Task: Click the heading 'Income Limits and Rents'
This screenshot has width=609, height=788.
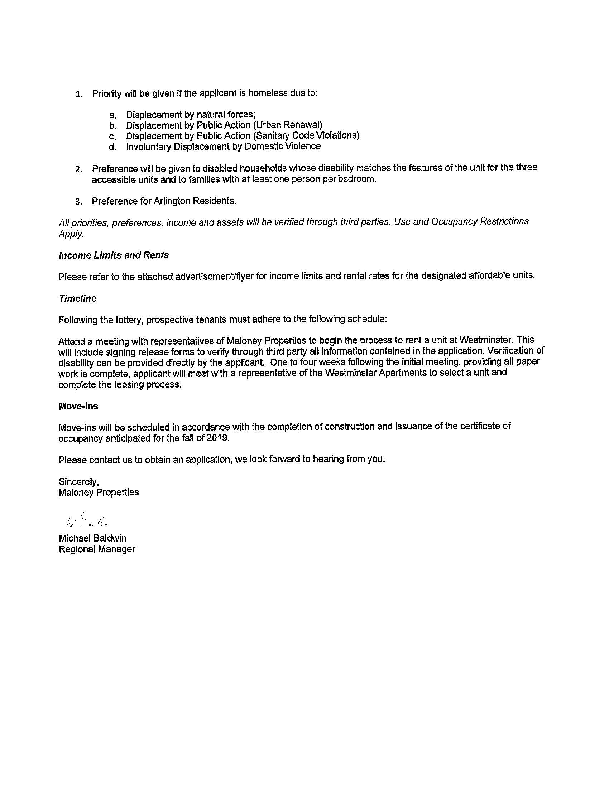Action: pos(114,255)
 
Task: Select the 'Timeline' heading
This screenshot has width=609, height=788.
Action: pos(78,298)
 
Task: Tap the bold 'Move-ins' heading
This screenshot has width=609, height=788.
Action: pos(78,406)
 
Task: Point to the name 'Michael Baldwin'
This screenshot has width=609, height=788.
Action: pos(93,538)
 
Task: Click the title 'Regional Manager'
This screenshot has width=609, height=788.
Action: pos(97,549)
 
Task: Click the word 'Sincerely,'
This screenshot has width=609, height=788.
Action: pos(79,481)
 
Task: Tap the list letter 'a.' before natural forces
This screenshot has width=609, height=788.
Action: pos(113,115)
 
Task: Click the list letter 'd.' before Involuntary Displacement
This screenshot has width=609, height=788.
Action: pos(113,147)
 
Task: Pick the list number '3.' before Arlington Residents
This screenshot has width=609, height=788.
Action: pos(79,202)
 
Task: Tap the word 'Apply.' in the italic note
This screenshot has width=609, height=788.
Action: pos(71,234)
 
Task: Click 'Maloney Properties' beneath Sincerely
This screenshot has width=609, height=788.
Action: pos(99,492)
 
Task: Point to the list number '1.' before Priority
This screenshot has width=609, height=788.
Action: pos(79,95)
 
